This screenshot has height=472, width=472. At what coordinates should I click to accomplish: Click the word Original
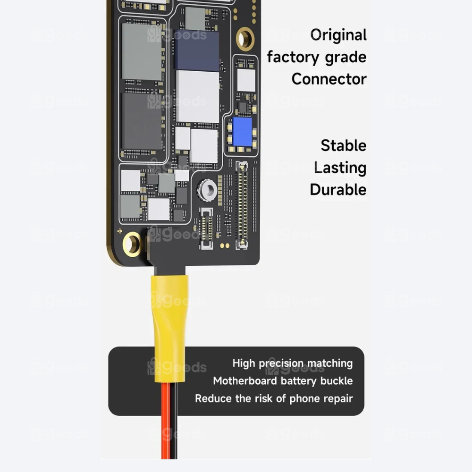[x=338, y=35]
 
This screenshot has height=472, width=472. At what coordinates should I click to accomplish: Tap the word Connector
[x=329, y=79]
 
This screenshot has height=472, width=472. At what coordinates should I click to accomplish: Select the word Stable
[x=344, y=145]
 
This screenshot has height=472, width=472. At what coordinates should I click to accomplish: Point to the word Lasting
[x=340, y=168]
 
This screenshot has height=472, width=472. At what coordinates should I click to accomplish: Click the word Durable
[x=338, y=190]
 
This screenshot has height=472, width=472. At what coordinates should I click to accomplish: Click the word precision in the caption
[x=281, y=363]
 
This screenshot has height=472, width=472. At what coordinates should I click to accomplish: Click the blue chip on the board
[x=242, y=131]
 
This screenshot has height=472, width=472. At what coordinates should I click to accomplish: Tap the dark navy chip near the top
[x=196, y=50]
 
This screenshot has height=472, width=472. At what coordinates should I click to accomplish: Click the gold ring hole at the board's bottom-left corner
[x=132, y=244]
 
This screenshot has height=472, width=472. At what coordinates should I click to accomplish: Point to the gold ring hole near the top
[x=245, y=38]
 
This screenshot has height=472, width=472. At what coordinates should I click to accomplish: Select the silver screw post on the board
[x=207, y=191]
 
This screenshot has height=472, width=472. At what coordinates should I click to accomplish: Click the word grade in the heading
[x=345, y=58]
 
